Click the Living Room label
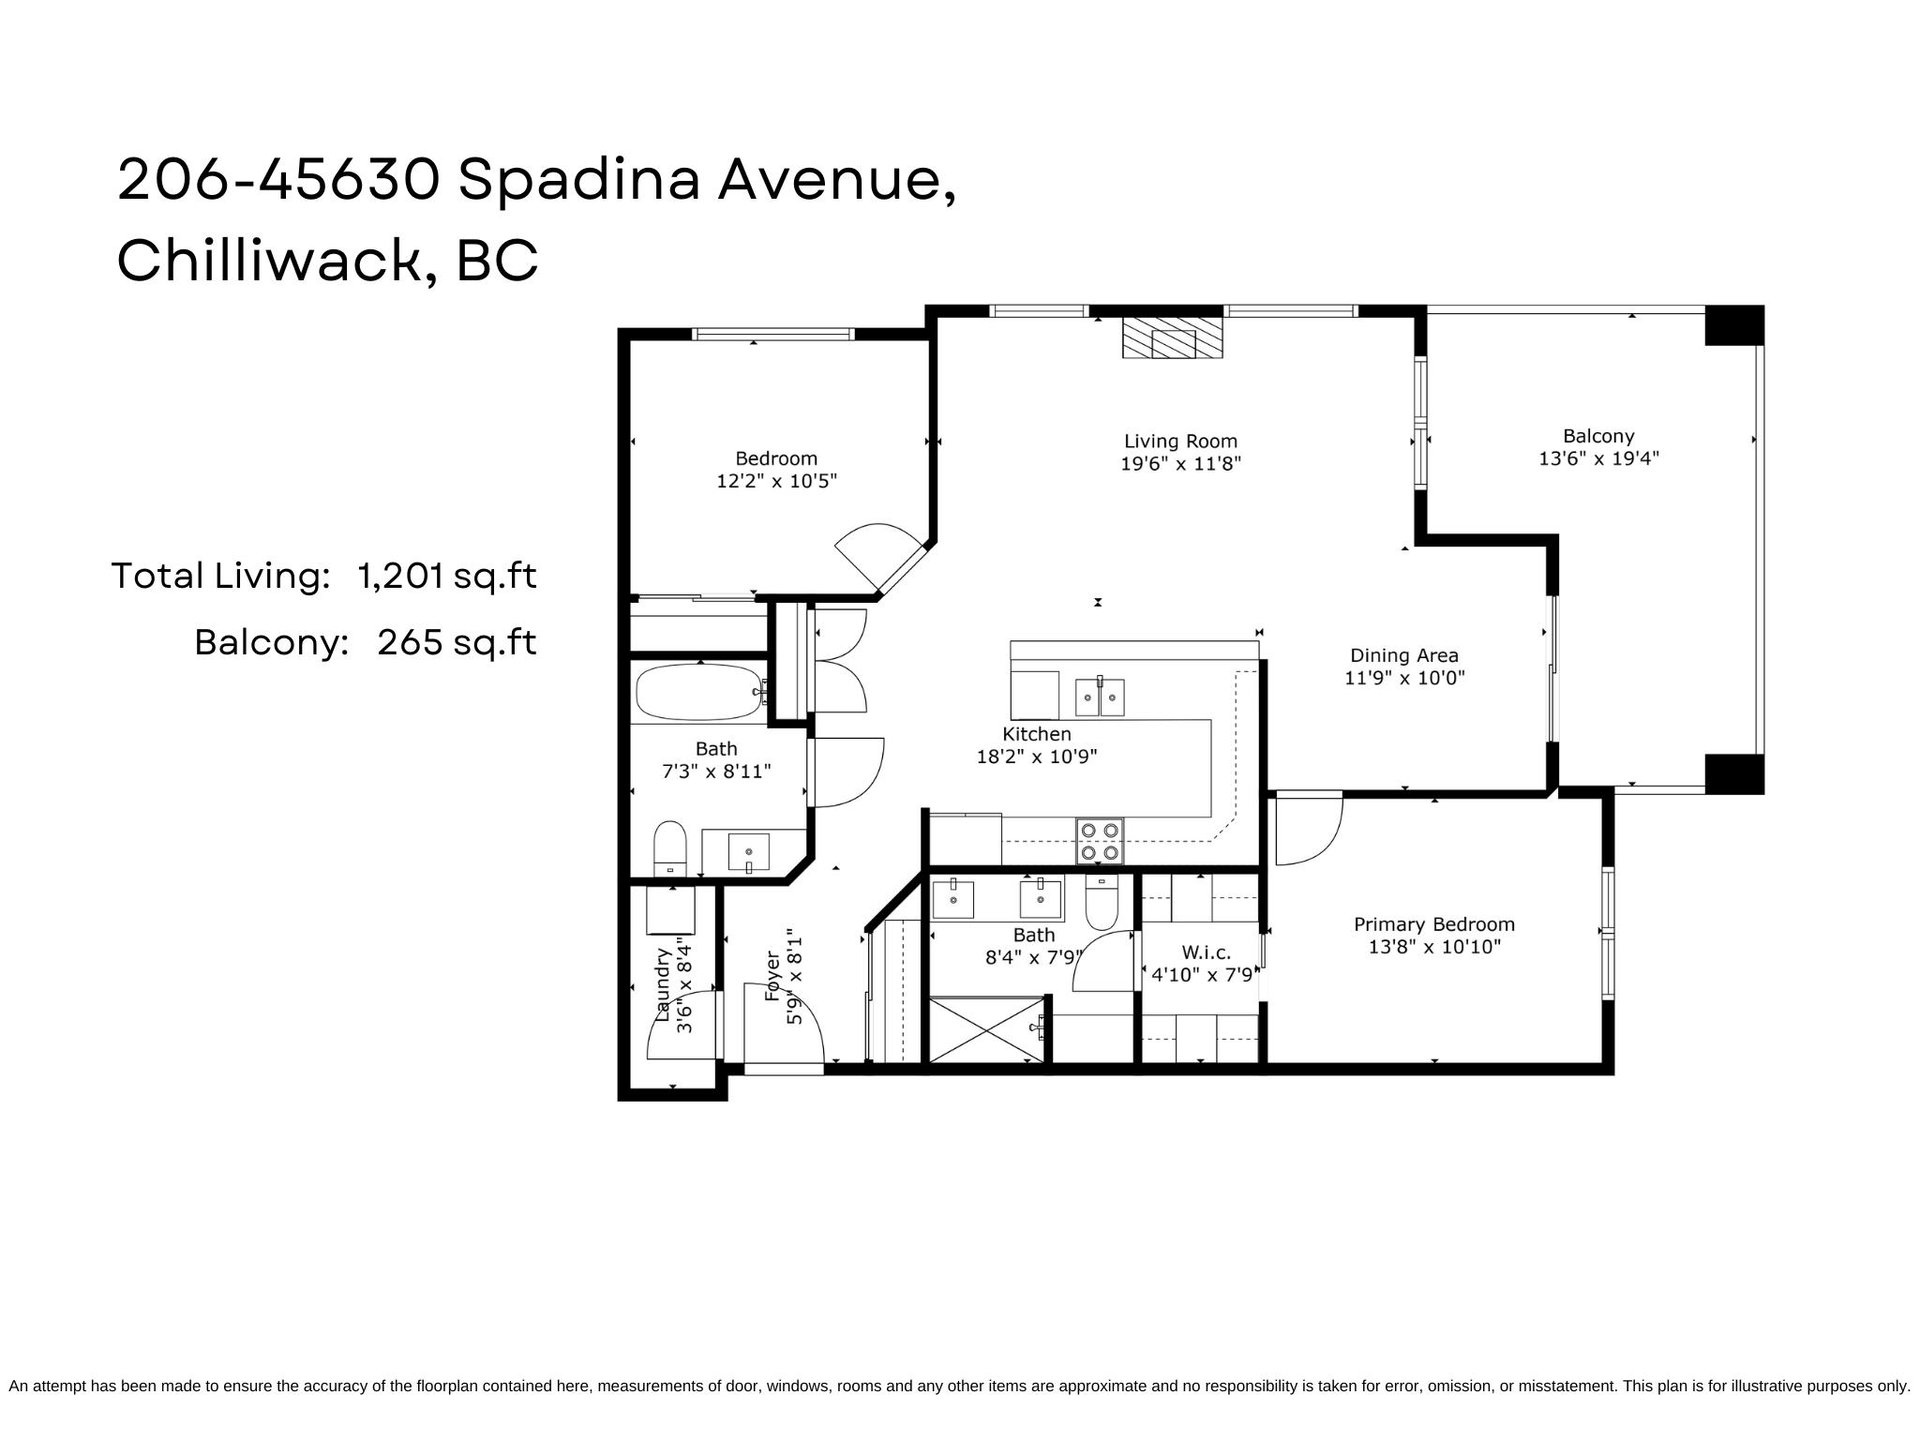(1180, 441)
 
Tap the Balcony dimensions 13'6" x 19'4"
(1598, 459)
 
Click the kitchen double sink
(1100, 696)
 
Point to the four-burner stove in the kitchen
(1100, 840)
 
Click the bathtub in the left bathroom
(700, 693)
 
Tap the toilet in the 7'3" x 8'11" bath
(669, 848)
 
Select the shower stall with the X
(987, 1029)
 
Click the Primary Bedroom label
(1434, 925)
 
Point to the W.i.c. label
(1205, 952)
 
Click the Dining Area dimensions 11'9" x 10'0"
(1404, 678)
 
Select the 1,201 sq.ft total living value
(447, 576)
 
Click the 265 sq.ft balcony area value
(457, 642)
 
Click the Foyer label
(772, 976)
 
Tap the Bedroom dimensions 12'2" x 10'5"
(776, 481)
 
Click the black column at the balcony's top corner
(1734, 326)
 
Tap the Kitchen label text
(1037, 735)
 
